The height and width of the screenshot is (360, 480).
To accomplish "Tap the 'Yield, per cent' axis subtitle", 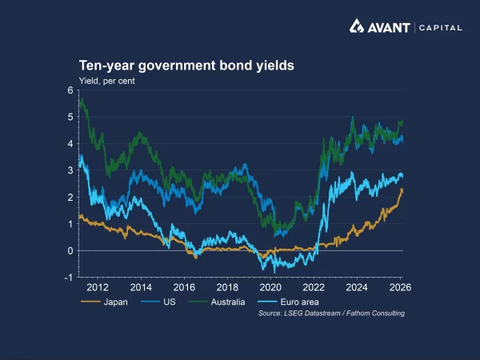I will [106, 81].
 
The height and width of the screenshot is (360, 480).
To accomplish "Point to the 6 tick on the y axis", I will [70, 90].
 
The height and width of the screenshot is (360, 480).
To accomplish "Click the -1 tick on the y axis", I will [69, 278].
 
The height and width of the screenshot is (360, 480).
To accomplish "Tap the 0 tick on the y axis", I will [70, 250].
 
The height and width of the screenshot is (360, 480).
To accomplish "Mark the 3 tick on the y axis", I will [70, 170].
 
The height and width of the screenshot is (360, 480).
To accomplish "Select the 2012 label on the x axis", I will [98, 287].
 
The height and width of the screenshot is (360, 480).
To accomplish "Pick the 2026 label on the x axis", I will [400, 287].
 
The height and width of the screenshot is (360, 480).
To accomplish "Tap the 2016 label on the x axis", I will [184, 287].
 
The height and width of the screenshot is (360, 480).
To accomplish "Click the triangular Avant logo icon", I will [358, 27].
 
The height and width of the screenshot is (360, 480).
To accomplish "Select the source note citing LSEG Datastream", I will [331, 313].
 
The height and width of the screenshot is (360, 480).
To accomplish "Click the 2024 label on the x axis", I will [357, 287].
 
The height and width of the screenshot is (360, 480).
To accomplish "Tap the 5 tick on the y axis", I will [70, 117].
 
